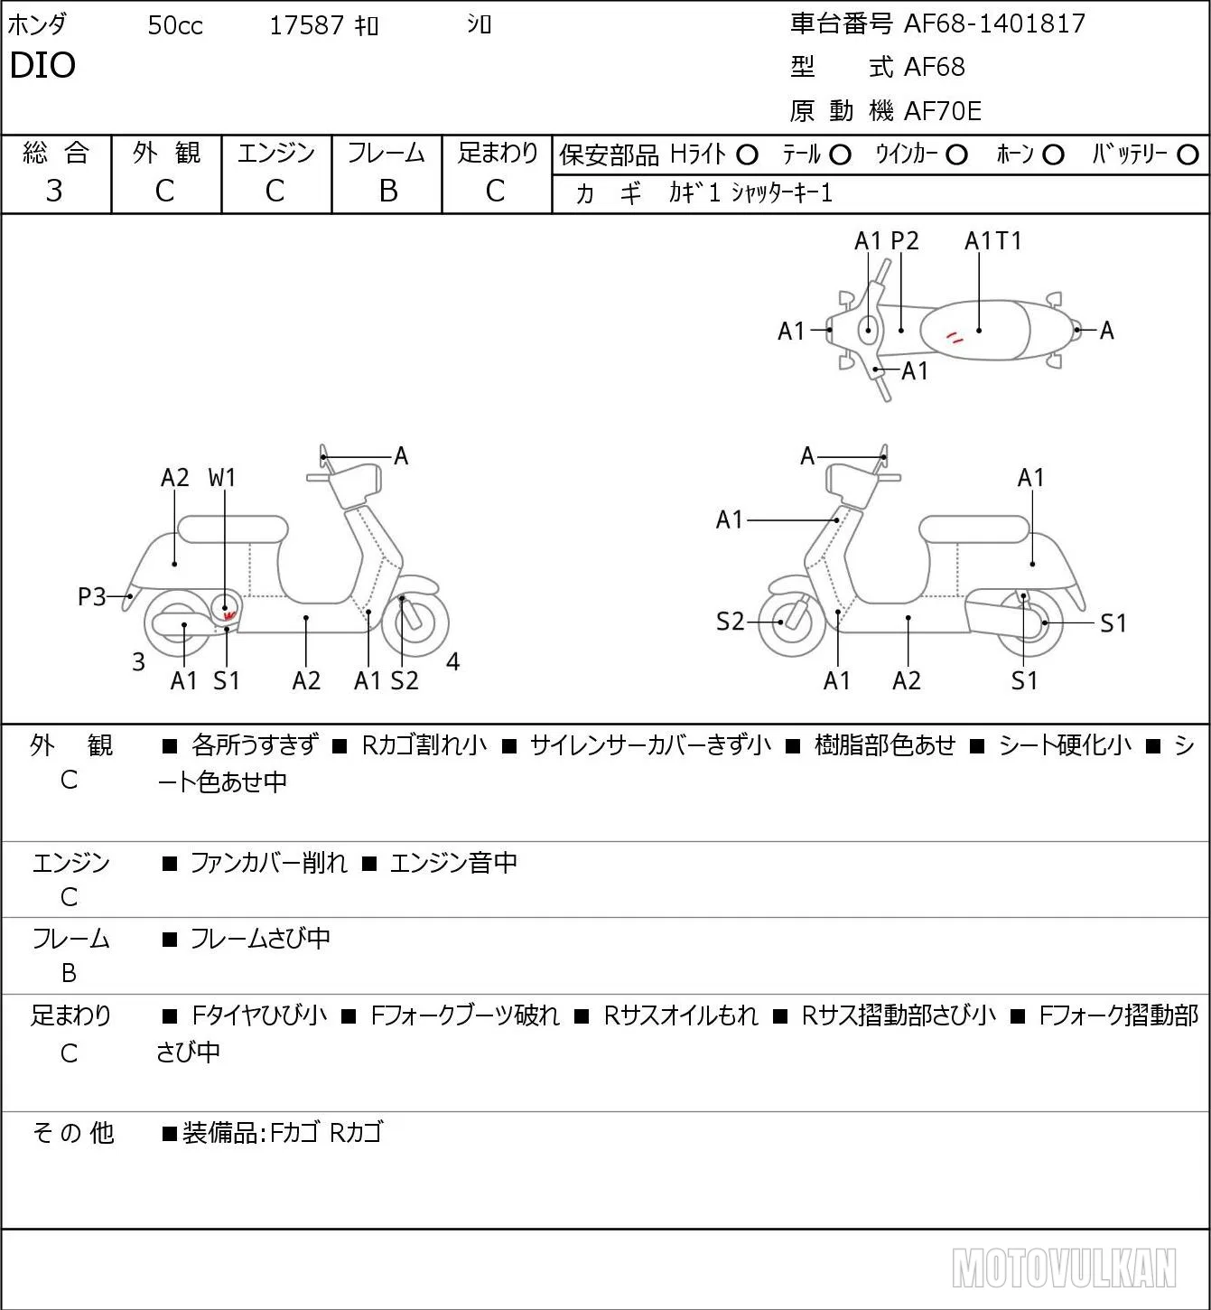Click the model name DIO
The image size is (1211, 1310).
pyautogui.click(x=42, y=65)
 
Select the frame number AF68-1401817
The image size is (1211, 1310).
pyautogui.click(x=994, y=24)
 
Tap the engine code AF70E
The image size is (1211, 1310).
pyautogui.click(x=943, y=111)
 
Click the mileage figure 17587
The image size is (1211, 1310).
pyautogui.click(x=306, y=25)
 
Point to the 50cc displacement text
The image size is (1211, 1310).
pyautogui.click(x=175, y=25)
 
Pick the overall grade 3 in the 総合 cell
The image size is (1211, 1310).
pyautogui.click(x=54, y=191)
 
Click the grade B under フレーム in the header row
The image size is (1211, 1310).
pyautogui.click(x=387, y=191)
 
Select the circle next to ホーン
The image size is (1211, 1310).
pyautogui.click(x=1053, y=155)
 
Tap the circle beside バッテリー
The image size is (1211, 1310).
pyautogui.click(x=1188, y=155)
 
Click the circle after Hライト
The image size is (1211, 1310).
pyautogui.click(x=747, y=155)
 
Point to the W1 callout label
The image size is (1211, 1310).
pyautogui.click(x=221, y=478)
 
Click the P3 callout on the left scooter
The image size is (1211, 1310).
pyautogui.click(x=92, y=597)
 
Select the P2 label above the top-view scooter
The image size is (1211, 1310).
pyautogui.click(x=905, y=240)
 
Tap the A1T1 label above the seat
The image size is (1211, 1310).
pyautogui.click(x=992, y=240)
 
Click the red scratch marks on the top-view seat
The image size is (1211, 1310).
pyautogui.click(x=955, y=338)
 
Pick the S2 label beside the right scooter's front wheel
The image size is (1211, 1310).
pyautogui.click(x=731, y=622)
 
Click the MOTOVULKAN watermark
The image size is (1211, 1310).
pyautogui.click(x=1064, y=1268)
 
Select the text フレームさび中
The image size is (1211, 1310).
pyautogui.click(x=260, y=938)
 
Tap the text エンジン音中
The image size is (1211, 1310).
pyautogui.click(x=453, y=862)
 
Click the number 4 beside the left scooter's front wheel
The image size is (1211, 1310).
pyautogui.click(x=452, y=661)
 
